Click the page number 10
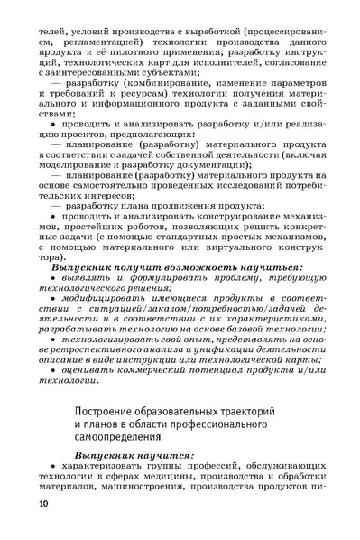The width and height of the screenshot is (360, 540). [45, 526]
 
